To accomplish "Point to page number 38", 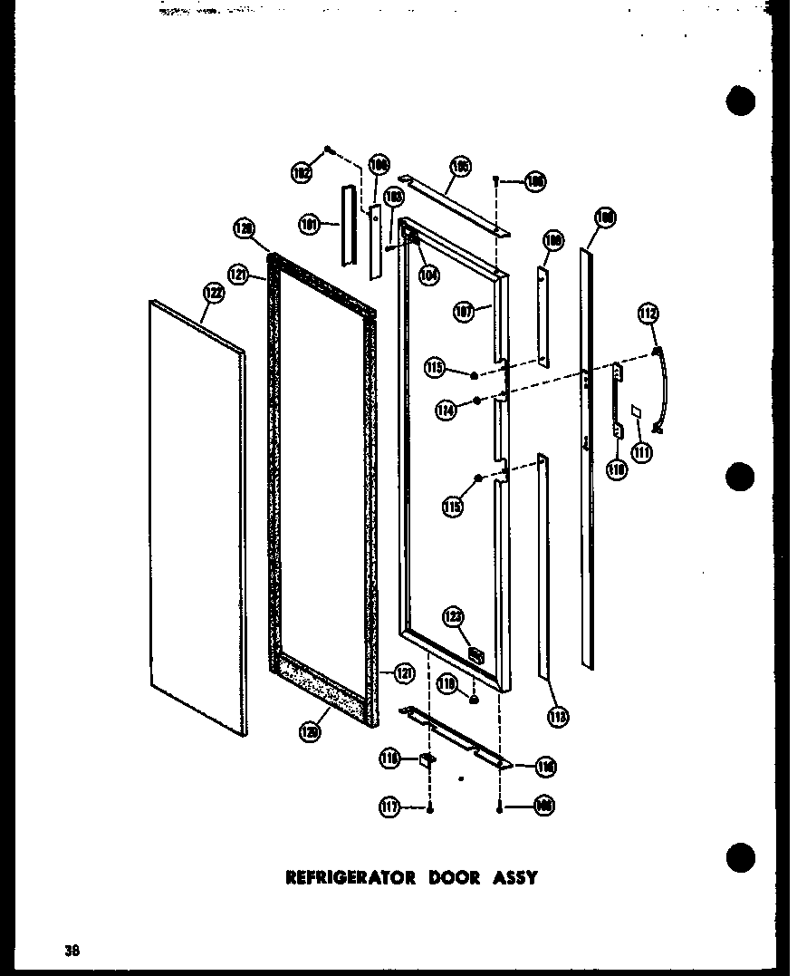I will pos(72,951).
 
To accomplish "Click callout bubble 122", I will pos(213,292).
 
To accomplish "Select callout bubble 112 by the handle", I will pos(648,314).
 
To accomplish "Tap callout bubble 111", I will pos(642,451).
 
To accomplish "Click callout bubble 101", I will pos(311,223).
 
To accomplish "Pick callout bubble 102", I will pos(302,170).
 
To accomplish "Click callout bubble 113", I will pos(558,718).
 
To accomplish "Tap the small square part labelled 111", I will pos(637,411).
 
